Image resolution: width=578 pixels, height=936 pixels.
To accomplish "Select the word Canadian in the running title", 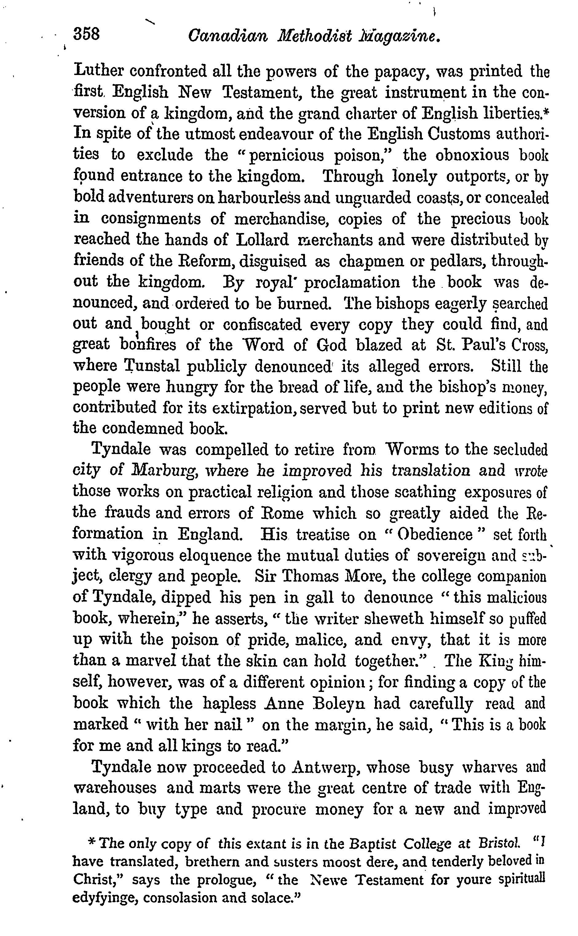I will [x=228, y=36].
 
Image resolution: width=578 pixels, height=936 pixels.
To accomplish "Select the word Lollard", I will [x=262, y=240].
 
